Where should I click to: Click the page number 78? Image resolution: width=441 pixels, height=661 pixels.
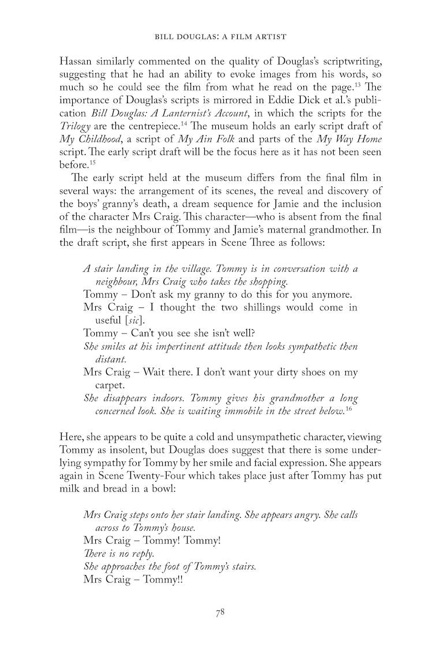(x=220, y=613)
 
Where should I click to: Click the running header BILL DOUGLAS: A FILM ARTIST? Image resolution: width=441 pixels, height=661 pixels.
(x=220, y=36)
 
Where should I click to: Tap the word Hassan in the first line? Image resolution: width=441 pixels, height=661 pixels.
(x=77, y=62)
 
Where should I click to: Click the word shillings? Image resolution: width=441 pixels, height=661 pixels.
(x=269, y=307)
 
